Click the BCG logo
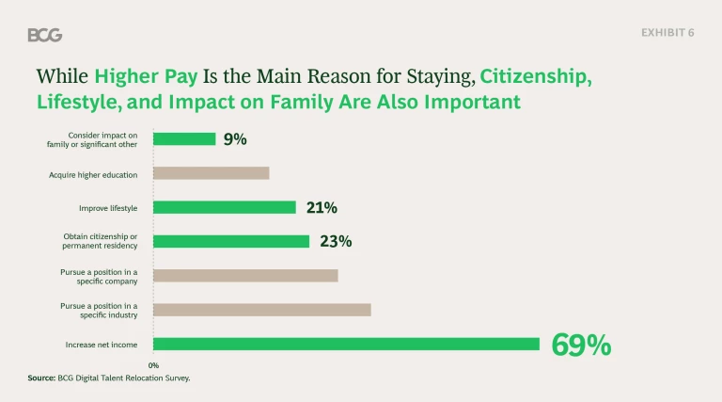tap(45, 35)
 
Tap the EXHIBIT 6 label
tap(667, 33)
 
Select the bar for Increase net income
tap(346, 345)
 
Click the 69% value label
tap(581, 346)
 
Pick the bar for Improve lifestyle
tap(225, 207)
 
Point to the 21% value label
tap(322, 208)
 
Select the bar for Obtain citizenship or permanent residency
tap(231, 241)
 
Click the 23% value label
tap(336, 242)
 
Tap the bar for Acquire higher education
tap(212, 173)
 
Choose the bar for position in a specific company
tap(245, 276)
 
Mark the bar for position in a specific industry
tap(262, 310)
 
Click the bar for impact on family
tap(184, 139)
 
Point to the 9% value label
tap(235, 139)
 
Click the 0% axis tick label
tap(153, 365)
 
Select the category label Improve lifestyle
tap(108, 207)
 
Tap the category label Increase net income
tap(101, 345)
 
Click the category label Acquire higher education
tap(93, 173)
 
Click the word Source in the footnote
tap(40, 378)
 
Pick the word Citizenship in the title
tap(537, 76)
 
